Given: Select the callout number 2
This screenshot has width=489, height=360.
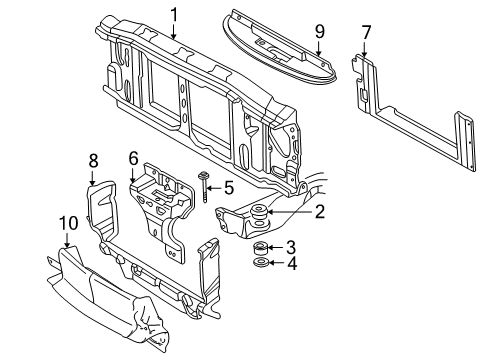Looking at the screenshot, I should coord(319,211).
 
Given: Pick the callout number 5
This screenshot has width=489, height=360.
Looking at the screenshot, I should coord(229,186).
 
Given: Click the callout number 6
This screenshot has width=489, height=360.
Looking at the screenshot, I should coord(133,158).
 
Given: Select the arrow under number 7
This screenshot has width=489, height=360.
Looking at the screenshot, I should coord(366,49).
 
